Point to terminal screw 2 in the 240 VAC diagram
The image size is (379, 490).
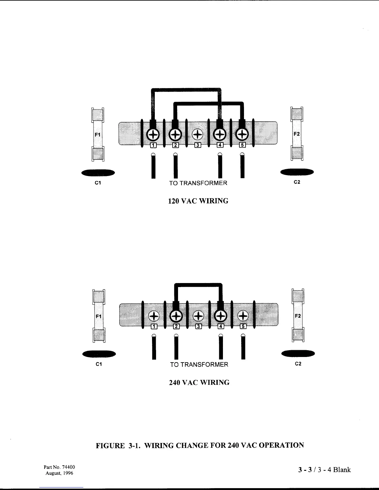click(x=176, y=316)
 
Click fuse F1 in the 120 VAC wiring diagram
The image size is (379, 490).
click(x=98, y=135)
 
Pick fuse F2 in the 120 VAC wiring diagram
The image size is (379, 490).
click(x=297, y=134)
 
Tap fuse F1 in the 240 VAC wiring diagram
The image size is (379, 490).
click(x=98, y=316)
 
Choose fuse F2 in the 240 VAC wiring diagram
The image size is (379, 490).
click(x=298, y=316)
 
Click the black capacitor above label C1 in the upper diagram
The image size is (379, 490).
click(x=98, y=173)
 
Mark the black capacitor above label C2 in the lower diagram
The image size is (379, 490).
click(x=298, y=353)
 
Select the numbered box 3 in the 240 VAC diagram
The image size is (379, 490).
click(x=198, y=326)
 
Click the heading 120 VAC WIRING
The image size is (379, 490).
click(x=198, y=201)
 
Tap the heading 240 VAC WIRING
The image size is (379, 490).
click(x=199, y=383)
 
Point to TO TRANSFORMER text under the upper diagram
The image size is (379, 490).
click(x=198, y=183)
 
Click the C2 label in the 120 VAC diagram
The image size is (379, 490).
click(x=297, y=182)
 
